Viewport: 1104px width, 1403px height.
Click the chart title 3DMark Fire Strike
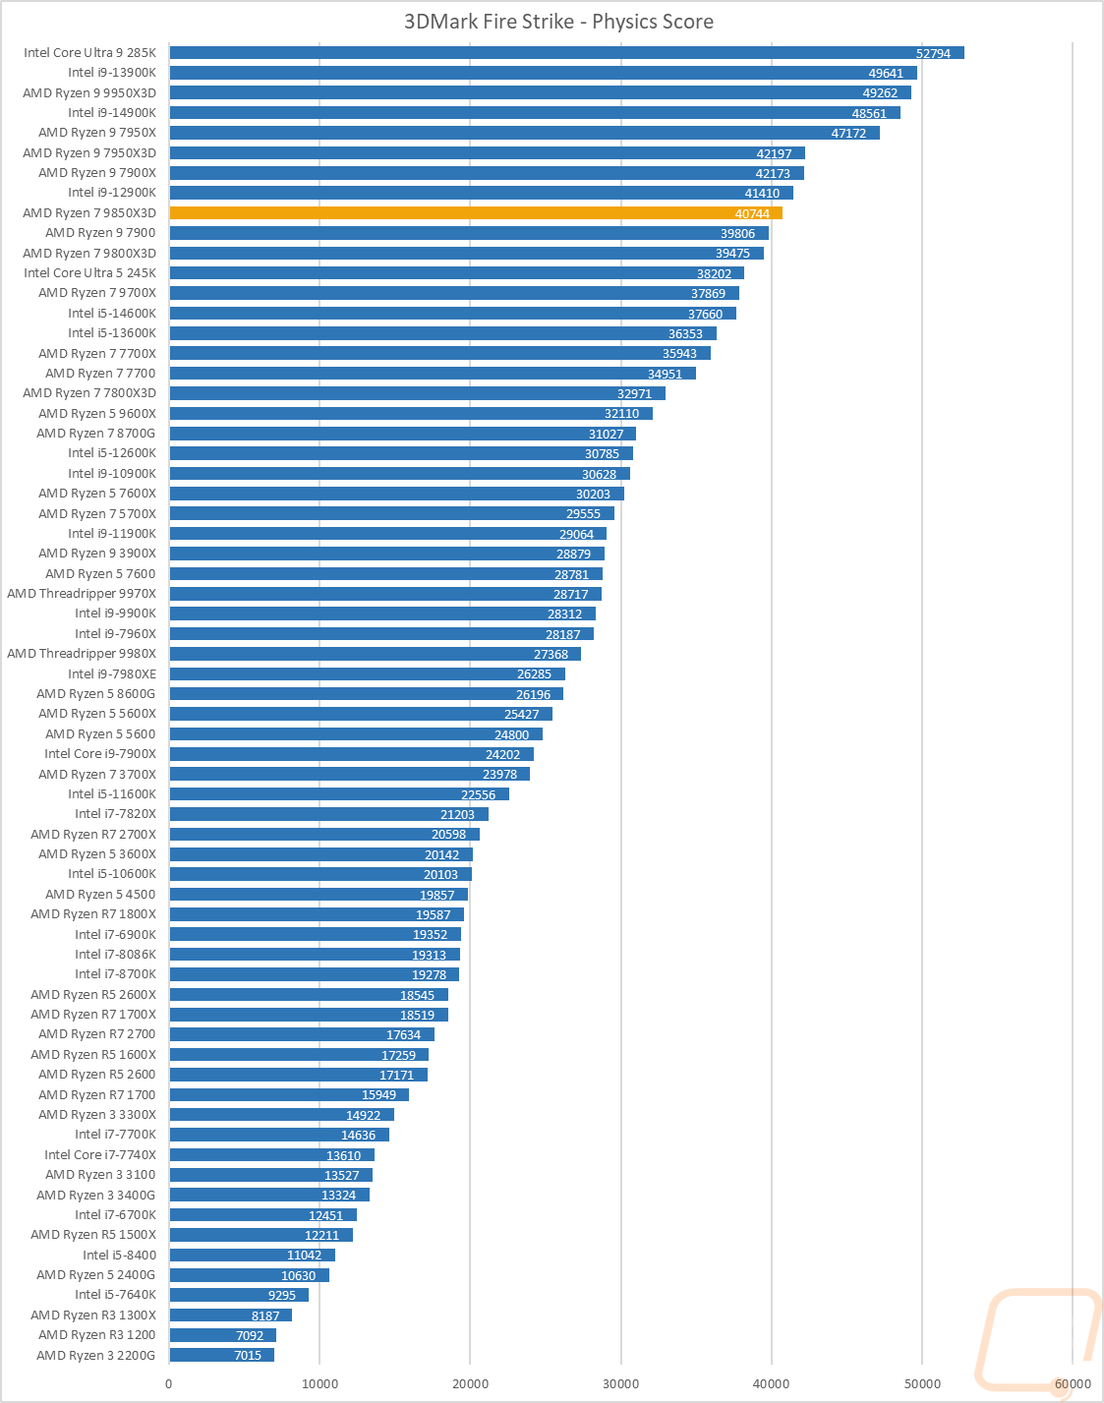point(558,22)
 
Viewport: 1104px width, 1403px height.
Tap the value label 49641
point(885,74)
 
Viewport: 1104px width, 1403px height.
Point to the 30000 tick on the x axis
point(620,1383)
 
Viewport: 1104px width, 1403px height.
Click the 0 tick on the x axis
point(169,1383)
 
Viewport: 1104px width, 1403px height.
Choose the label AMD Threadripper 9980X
point(82,654)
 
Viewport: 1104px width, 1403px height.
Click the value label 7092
point(250,1335)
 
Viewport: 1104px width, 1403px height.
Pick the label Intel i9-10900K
point(112,474)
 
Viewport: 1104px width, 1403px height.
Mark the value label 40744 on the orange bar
point(752,214)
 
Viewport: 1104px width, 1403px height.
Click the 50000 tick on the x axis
point(921,1383)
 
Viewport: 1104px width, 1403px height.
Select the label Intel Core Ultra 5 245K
point(89,273)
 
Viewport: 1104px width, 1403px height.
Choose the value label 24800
point(511,734)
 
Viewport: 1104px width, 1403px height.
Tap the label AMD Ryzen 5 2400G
point(95,1275)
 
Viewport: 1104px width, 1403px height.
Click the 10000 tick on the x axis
point(320,1383)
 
